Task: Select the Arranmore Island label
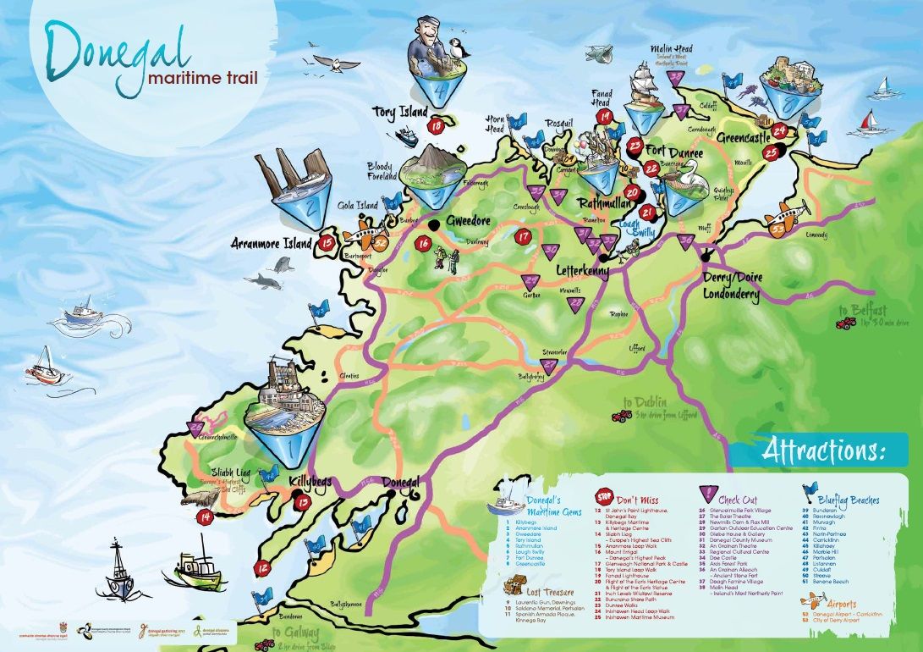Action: coord(272,244)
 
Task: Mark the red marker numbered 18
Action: coord(437,127)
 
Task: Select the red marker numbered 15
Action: coord(327,243)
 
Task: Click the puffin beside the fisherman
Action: coord(460,52)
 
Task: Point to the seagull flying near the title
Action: coord(336,63)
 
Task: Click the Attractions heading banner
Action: coord(821,450)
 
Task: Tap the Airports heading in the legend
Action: coord(849,605)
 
